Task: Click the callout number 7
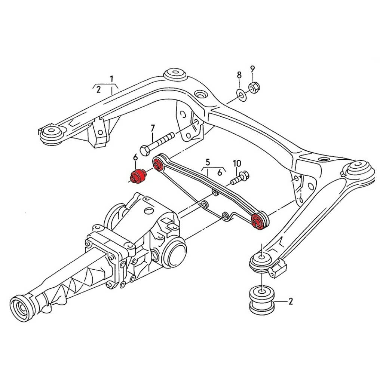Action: pyautogui.click(x=152, y=128)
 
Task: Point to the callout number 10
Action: pyautogui.click(x=237, y=163)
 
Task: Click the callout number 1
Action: pyautogui.click(x=111, y=79)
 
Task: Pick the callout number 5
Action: pyautogui.click(x=208, y=163)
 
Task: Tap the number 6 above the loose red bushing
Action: pyautogui.click(x=135, y=158)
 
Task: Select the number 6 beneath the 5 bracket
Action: pyautogui.click(x=220, y=172)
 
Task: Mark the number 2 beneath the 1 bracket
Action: pyautogui.click(x=98, y=89)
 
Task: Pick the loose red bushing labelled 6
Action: pyautogui.click(x=138, y=176)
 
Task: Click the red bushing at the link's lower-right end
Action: pyautogui.click(x=258, y=221)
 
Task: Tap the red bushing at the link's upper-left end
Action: pyautogui.click(x=157, y=164)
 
